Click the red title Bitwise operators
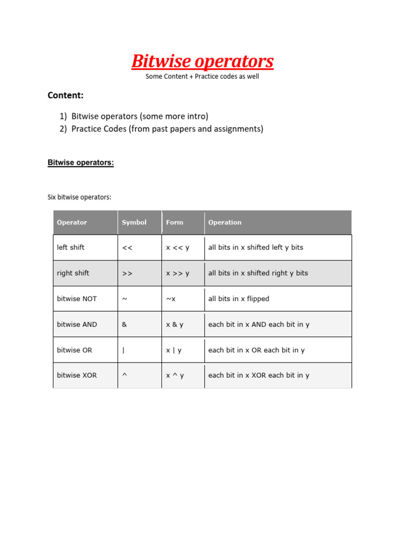pyautogui.click(x=202, y=61)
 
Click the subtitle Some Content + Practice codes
pyautogui.click(x=202, y=77)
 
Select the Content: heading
pyautogui.click(x=65, y=95)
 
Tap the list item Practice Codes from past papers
pyautogui.click(x=167, y=128)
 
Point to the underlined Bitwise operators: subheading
pyautogui.click(x=81, y=163)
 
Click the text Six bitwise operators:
pyautogui.click(x=80, y=197)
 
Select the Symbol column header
pyautogui.click(x=134, y=222)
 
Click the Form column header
pyautogui.click(x=175, y=222)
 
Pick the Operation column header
pyautogui.click(x=225, y=222)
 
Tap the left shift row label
pyautogui.click(x=71, y=247)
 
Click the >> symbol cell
pyautogui.click(x=127, y=273)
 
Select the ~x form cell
pyautogui.click(x=171, y=299)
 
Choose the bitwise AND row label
pyautogui.click(x=77, y=324)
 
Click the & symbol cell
pyautogui.click(x=124, y=324)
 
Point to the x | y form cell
pyautogui.click(x=174, y=350)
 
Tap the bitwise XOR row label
pyautogui.click(x=77, y=376)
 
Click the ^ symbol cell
pyautogui.click(x=124, y=375)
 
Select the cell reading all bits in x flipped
pyautogui.click(x=239, y=299)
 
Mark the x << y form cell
pyautogui.click(x=178, y=247)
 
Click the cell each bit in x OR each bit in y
pyautogui.click(x=256, y=350)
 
